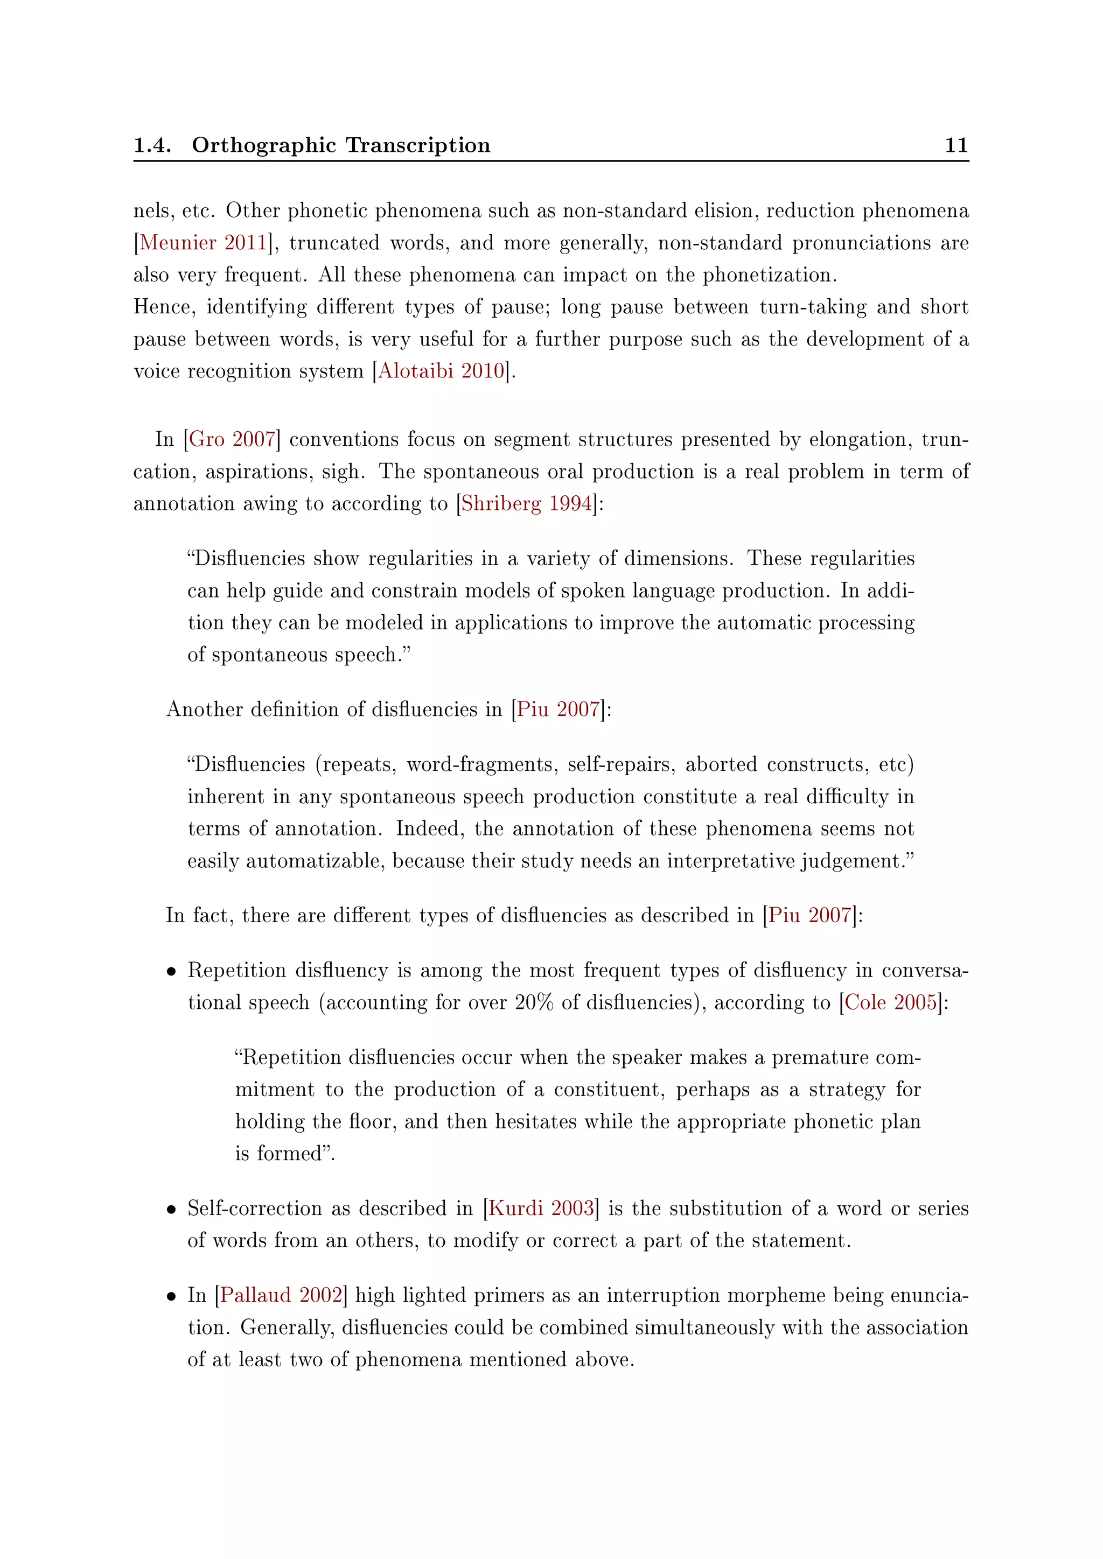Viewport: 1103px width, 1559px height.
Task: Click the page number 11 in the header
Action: tap(955, 145)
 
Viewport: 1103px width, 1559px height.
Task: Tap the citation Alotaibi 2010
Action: tap(442, 371)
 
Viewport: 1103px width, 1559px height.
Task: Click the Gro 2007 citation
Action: tap(232, 439)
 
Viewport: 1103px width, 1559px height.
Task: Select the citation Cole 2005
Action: tap(890, 1002)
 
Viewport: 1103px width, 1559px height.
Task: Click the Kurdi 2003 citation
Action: tap(541, 1208)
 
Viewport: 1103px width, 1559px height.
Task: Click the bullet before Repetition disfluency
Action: tap(172, 972)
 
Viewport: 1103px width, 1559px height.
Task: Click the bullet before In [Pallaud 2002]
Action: tap(172, 1297)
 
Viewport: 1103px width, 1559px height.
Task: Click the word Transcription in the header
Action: tap(418, 145)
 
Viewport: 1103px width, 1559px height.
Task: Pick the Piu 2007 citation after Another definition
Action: tap(557, 709)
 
